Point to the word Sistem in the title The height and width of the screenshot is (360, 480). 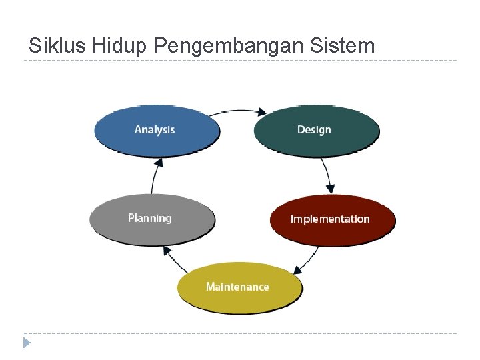[342, 45]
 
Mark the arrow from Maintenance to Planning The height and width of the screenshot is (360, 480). [171, 259]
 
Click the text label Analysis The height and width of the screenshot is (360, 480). [155, 129]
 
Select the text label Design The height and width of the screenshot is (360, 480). [314, 129]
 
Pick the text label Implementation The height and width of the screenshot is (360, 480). [329, 219]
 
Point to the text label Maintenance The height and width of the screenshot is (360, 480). [237, 287]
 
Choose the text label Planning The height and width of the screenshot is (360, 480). [150, 218]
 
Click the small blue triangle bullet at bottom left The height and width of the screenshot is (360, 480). [27, 343]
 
